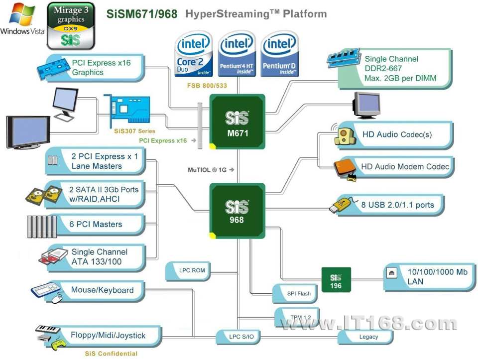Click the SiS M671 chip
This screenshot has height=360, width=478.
tap(237, 121)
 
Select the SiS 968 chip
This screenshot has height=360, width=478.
tap(237, 211)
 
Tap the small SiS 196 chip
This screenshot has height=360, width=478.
tap(336, 280)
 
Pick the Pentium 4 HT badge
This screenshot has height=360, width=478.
tap(237, 54)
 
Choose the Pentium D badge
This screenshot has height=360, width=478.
tap(279, 54)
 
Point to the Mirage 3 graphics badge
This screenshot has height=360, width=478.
tap(71, 25)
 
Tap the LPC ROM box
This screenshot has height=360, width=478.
tap(188, 271)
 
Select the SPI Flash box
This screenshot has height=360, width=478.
tap(295, 293)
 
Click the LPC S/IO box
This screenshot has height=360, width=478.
tap(238, 337)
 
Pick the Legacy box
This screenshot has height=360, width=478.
tap(365, 337)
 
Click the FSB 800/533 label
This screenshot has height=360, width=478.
tap(207, 86)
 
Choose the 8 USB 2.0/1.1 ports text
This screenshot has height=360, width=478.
tap(397, 205)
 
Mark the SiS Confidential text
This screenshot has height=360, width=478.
tap(111, 354)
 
